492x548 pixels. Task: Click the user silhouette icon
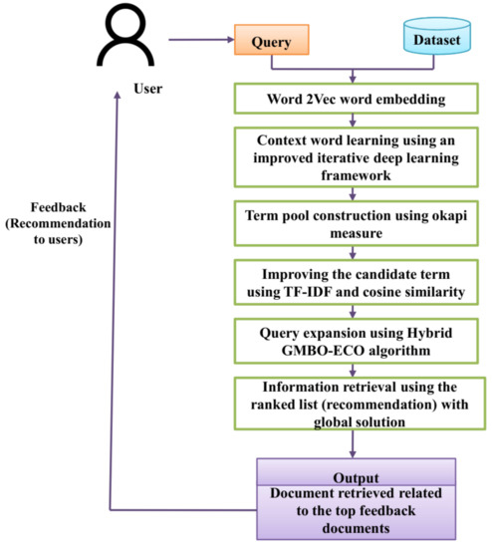(121, 41)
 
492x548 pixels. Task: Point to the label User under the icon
(120, 88)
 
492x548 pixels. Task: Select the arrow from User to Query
(199, 41)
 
